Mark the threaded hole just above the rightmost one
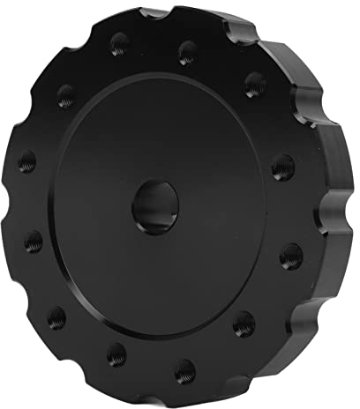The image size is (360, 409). (x=283, y=166)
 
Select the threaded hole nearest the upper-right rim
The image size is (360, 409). (x=254, y=86)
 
